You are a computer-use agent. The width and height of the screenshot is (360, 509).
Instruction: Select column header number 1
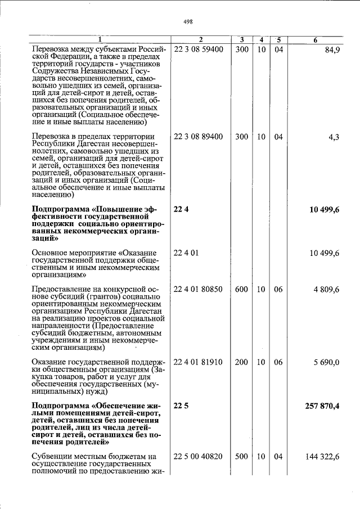pos(99,39)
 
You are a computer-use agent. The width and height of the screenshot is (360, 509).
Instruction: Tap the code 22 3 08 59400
pos(199,49)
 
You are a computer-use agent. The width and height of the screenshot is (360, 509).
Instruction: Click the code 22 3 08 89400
pos(199,137)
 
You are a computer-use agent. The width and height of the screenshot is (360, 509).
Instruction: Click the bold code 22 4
pos(179,209)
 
